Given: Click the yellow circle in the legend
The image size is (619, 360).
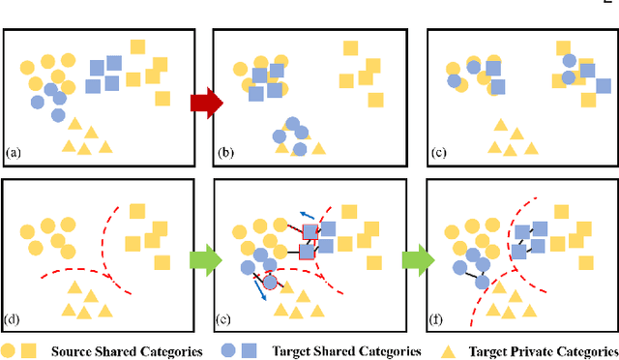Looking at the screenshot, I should (9, 350).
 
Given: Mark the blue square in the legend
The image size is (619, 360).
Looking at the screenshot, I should (250, 350).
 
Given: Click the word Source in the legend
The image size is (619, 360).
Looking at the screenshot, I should (74, 350).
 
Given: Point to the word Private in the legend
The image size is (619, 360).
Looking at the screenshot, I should (529, 350).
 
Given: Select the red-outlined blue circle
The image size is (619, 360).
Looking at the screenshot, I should (270, 283).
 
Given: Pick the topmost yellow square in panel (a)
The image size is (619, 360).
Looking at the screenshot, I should (137, 46).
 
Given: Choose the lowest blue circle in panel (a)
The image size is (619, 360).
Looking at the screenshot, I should (58, 116).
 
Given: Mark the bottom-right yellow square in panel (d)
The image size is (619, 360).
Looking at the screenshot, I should (162, 261).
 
